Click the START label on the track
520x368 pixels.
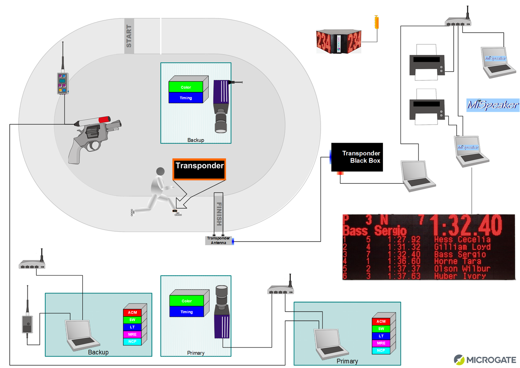pos(129,36)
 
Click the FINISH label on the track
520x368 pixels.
pos(219,213)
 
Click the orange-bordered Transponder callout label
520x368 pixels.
pos(199,169)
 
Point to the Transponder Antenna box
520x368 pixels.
pos(218,240)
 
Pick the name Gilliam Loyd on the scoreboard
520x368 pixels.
pos(462,247)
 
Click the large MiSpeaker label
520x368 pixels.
pos(493,105)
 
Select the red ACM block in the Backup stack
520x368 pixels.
pos(132,312)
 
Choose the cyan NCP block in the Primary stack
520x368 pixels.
pos(381,350)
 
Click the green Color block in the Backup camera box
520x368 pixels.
pos(186,87)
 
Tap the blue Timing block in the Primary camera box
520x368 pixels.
pos(186,312)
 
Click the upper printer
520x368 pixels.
pos(427,63)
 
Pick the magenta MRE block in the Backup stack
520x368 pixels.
pos(132,334)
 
